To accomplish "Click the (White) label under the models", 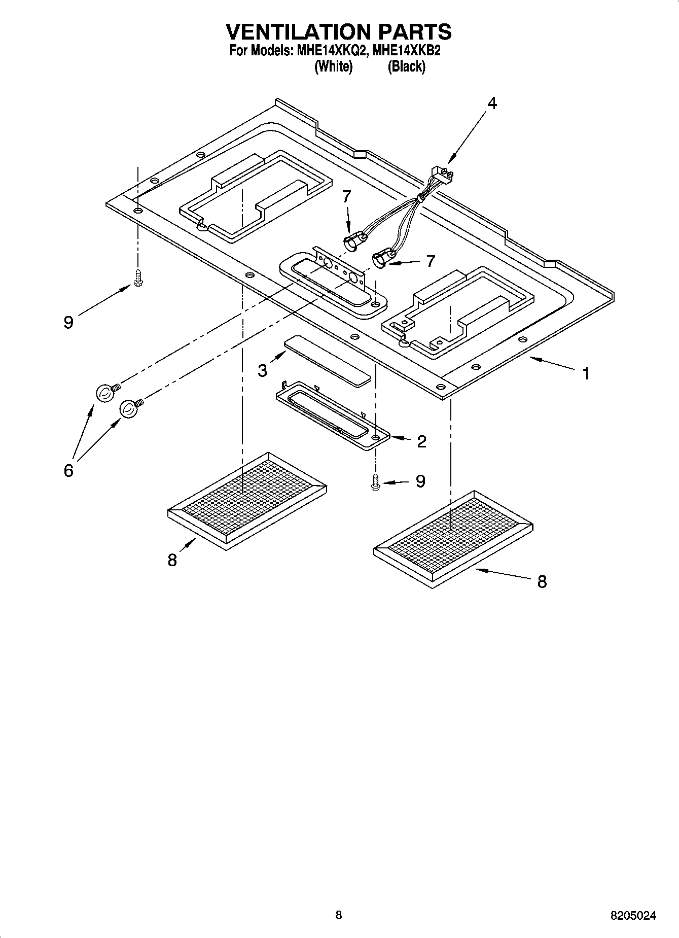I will click(333, 66).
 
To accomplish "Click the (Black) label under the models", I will click(406, 66).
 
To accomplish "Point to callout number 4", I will click(492, 103).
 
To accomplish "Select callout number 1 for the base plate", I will click(586, 374).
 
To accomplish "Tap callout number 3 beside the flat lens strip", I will click(262, 371).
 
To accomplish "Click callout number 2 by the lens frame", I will click(421, 441).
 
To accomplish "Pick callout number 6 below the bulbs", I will click(68, 470).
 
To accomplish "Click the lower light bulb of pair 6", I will click(129, 409).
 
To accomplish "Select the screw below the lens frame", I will click(375, 482).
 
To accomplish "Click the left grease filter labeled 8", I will click(247, 500).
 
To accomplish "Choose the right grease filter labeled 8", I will click(452, 539).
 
